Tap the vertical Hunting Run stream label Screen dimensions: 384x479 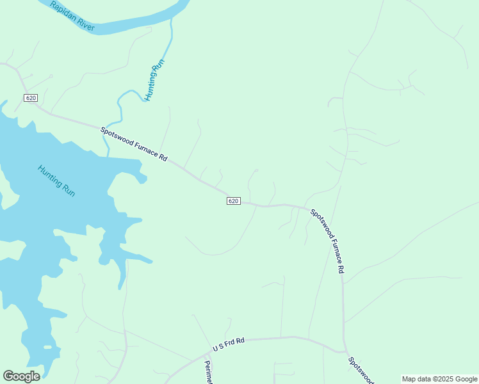[154, 80]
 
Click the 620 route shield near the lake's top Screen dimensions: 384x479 [31, 98]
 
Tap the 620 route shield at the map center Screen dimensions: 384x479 [233, 201]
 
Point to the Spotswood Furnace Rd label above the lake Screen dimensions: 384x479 [134, 143]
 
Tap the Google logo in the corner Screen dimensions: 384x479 [21, 376]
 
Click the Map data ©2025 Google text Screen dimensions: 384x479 [439, 379]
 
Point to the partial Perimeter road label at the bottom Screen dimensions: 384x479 [208, 372]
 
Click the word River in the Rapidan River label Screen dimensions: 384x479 [85, 24]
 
